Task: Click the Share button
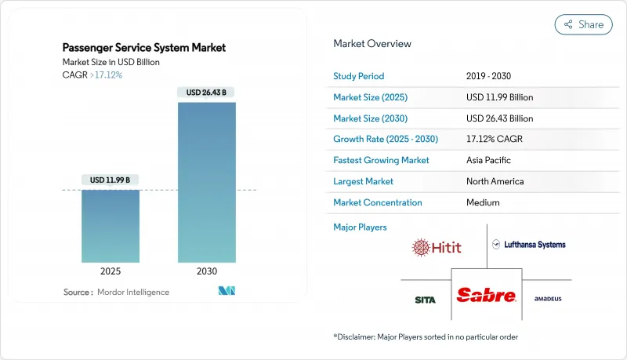click(x=584, y=24)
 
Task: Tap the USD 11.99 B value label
click(x=111, y=180)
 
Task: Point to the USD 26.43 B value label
click(x=207, y=93)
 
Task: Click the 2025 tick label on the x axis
click(x=111, y=271)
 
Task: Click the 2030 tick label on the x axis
click(x=207, y=271)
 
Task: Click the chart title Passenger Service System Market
click(x=144, y=48)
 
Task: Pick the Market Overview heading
click(x=372, y=44)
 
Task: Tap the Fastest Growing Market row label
click(x=382, y=160)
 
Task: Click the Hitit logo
click(x=437, y=247)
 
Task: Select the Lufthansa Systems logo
click(x=529, y=245)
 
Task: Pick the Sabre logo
click(x=487, y=296)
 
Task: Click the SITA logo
click(x=426, y=299)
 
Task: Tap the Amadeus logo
click(x=548, y=299)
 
